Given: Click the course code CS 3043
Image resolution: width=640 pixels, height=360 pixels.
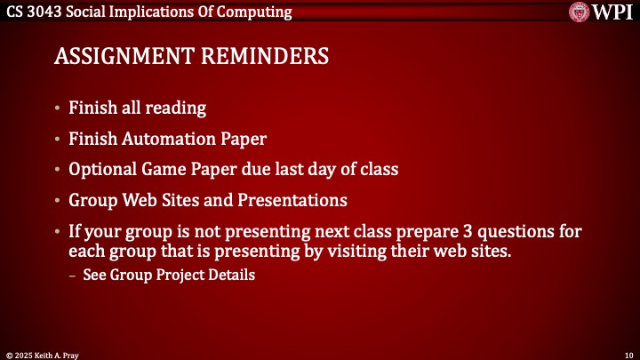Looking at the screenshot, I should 35,12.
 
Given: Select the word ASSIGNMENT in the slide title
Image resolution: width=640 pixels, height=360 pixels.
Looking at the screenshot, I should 124,56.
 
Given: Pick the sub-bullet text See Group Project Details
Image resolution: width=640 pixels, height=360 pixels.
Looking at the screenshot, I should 169,275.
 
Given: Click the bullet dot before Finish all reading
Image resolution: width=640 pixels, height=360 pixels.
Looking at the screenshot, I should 58,109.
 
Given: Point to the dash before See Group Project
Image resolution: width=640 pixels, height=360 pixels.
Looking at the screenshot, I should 74,275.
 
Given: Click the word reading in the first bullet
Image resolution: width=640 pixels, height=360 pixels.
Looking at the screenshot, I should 176,108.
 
